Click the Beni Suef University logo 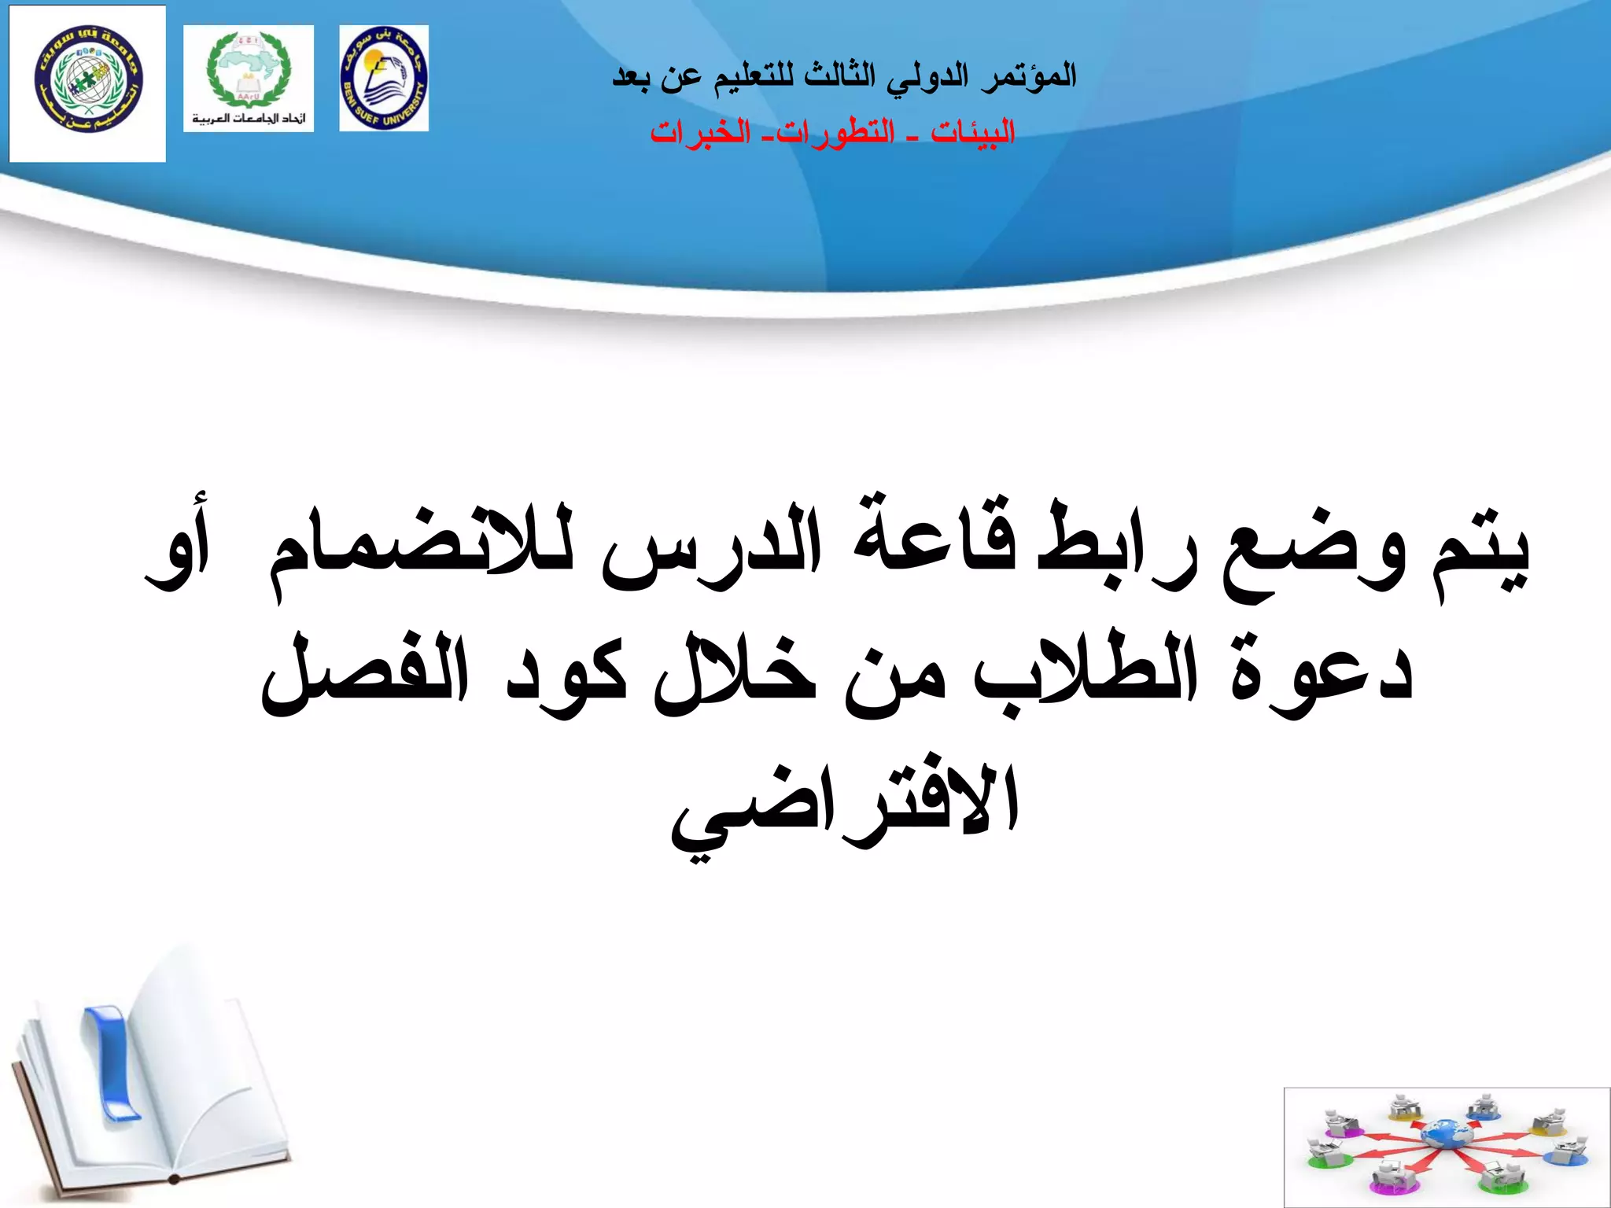pyautogui.click(x=384, y=78)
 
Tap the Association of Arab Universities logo pyautogui.click(x=248, y=78)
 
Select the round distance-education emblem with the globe pyautogui.click(x=87, y=83)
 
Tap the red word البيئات pyautogui.click(x=972, y=132)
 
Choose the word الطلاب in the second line pyautogui.click(x=1086, y=668)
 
